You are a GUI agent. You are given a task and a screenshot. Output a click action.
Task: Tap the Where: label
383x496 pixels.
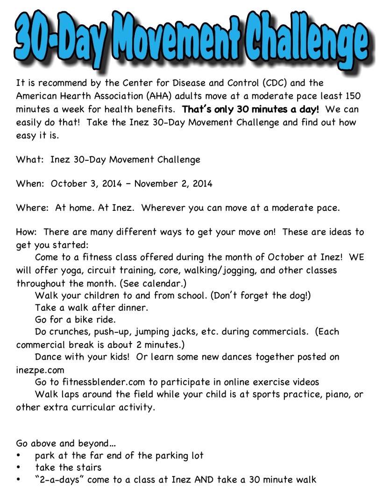click(x=33, y=208)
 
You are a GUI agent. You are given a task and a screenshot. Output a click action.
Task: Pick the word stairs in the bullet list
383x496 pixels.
click(x=85, y=467)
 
